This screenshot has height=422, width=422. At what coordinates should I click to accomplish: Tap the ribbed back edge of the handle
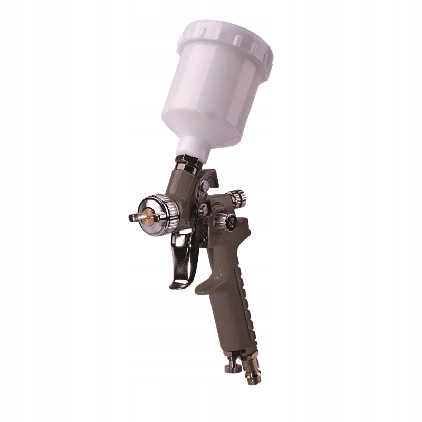(x=251, y=295)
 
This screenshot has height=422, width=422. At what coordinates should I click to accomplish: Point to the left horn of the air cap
(x=132, y=216)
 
